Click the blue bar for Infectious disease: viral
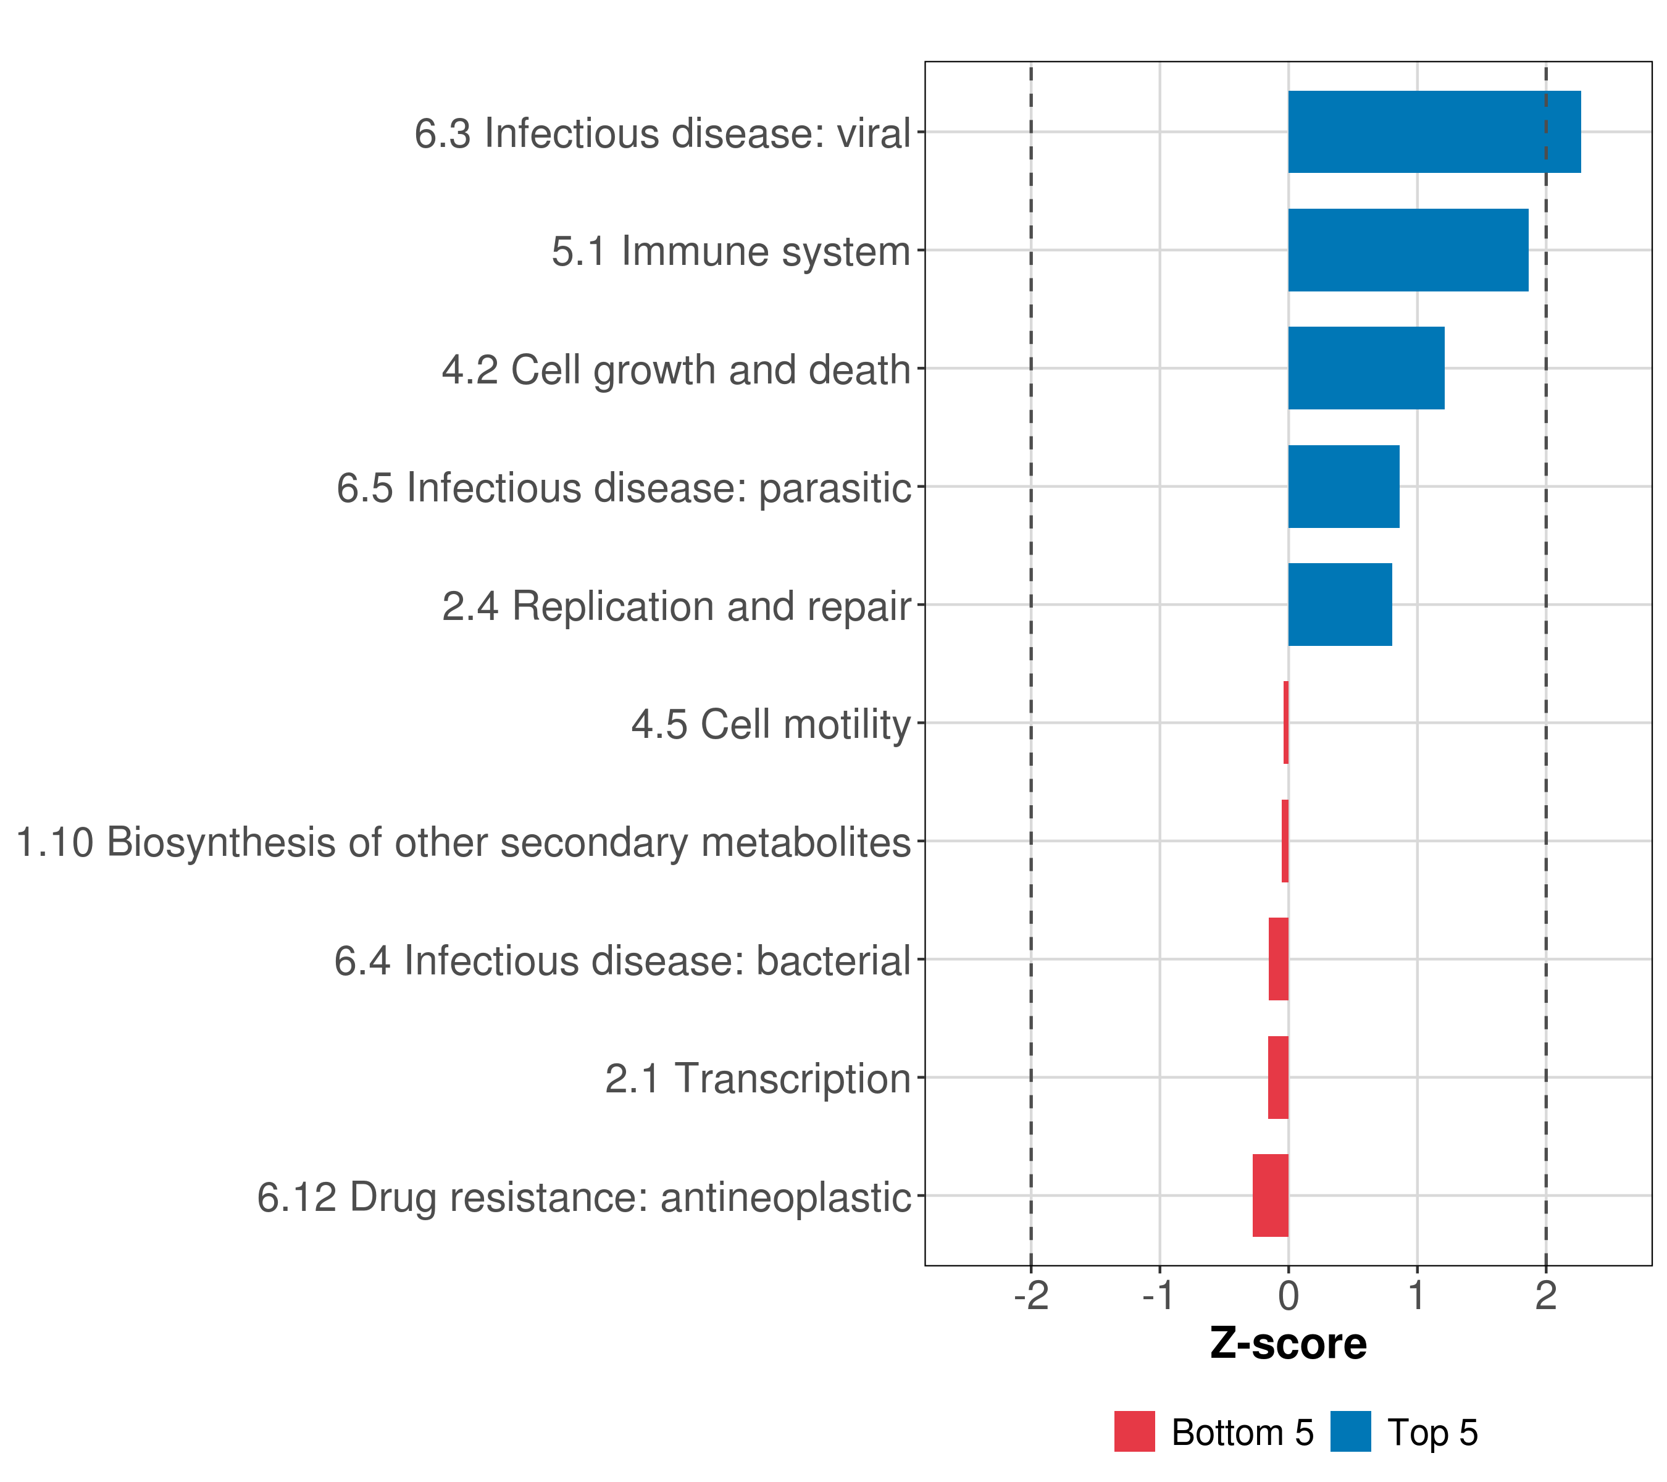tap(1434, 132)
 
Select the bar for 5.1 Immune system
tap(1408, 251)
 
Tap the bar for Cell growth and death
tap(1366, 368)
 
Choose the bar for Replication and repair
tap(1340, 605)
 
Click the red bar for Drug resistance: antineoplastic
tap(1271, 1195)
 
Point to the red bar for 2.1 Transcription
tap(1278, 1077)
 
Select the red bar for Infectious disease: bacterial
tap(1278, 958)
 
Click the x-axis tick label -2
tap(1031, 1296)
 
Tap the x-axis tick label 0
tap(1289, 1296)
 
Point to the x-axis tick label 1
tap(1416, 1296)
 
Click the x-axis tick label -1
tap(1159, 1296)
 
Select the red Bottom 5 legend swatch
tap(1134, 1431)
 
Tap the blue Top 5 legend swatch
tap(1350, 1431)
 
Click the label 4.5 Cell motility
tap(770, 724)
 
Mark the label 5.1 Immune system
tap(731, 251)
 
